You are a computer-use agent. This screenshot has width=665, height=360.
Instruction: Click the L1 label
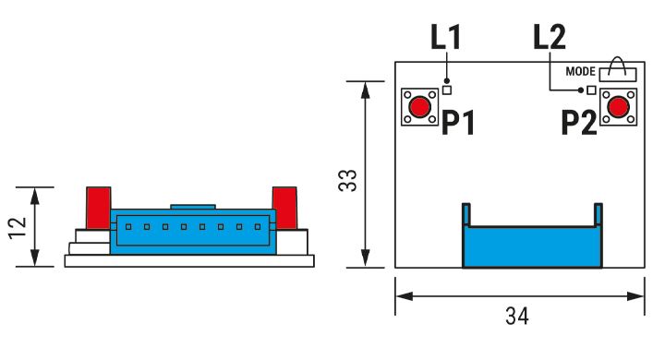[445, 37]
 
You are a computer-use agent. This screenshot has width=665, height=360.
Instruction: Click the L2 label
[550, 37]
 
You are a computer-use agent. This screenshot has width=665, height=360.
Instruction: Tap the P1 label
[457, 123]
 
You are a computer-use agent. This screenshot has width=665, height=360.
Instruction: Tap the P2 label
[579, 123]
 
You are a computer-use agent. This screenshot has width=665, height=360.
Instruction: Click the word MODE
[581, 71]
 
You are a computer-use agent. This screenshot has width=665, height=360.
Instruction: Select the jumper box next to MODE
[618, 74]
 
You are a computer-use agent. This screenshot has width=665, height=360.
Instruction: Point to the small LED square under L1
[447, 90]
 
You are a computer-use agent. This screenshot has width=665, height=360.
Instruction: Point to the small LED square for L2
[591, 90]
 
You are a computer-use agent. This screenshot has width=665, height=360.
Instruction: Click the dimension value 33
[348, 181]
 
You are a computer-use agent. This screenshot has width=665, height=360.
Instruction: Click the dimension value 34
[517, 316]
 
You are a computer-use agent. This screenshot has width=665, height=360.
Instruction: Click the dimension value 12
[18, 228]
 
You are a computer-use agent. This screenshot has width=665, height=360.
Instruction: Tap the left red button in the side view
[99, 208]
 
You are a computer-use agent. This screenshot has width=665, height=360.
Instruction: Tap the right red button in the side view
[284, 208]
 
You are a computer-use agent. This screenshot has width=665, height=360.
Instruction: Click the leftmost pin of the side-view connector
[128, 227]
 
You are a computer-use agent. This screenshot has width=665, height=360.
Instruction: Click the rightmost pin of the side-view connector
[258, 227]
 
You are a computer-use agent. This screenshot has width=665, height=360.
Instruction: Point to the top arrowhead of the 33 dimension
[365, 90]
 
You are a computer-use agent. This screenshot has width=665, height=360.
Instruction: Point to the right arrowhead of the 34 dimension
[635, 296]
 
